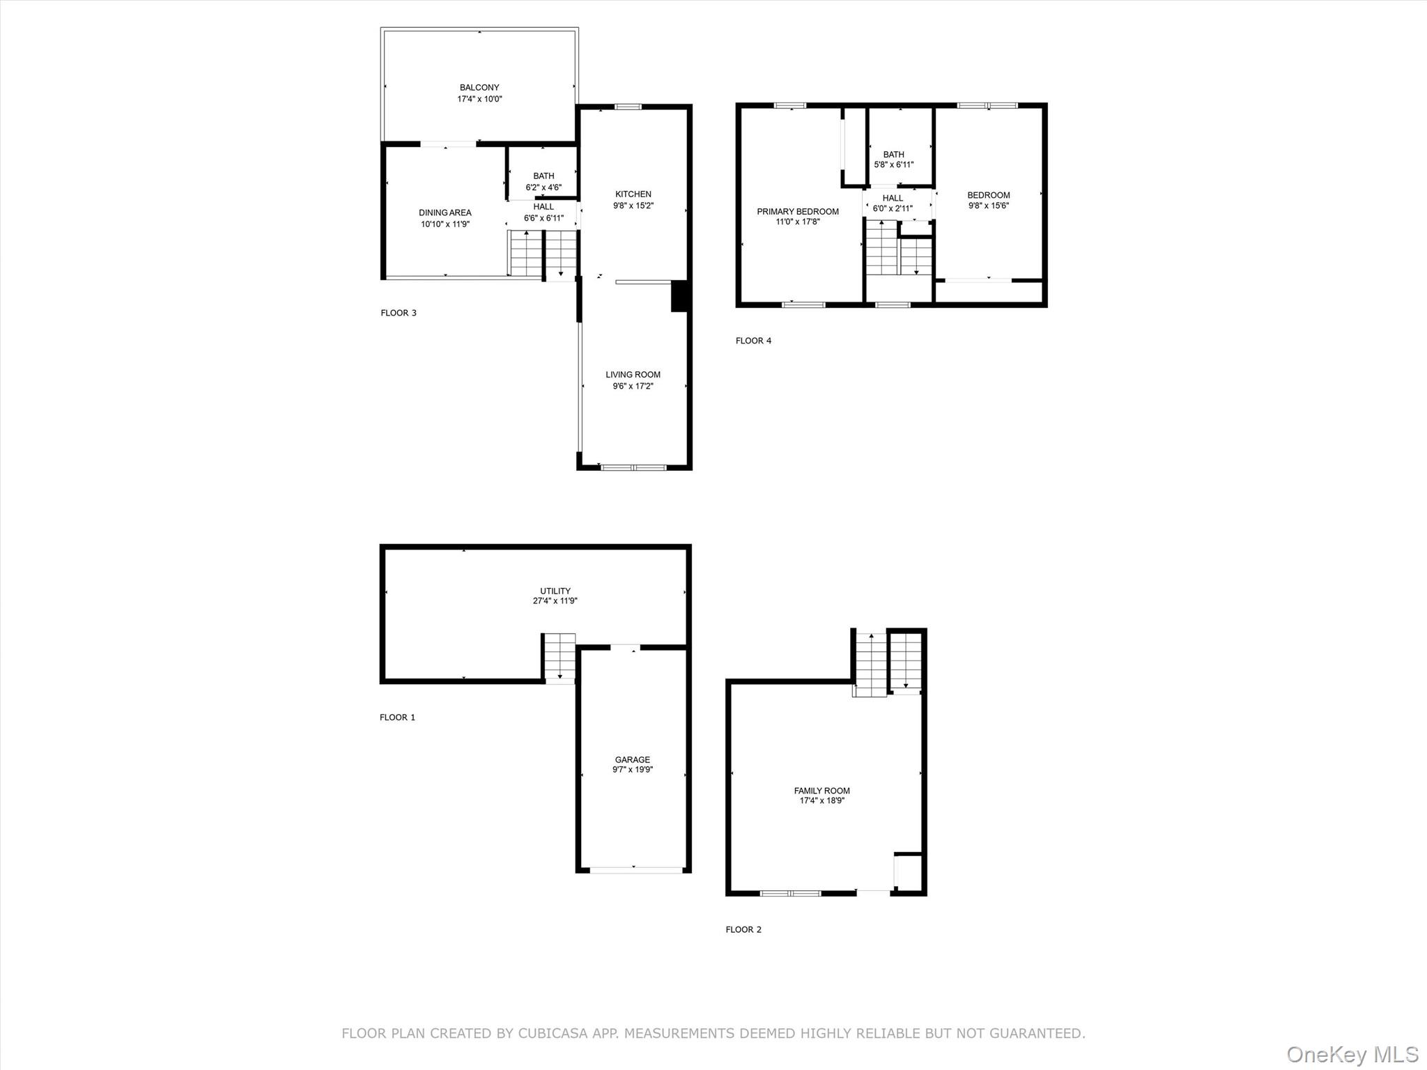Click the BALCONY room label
tap(479, 88)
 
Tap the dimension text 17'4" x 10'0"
tap(479, 99)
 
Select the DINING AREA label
tap(445, 212)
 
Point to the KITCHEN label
tap(633, 194)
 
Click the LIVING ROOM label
tap(633, 375)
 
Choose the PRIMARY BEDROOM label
tap(798, 212)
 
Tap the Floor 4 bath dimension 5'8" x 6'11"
tap(893, 165)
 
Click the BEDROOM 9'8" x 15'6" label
tap(988, 195)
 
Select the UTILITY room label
tap(555, 591)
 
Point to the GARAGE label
tap(633, 760)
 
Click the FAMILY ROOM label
tap(822, 791)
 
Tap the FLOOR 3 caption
tap(399, 313)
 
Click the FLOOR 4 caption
tap(753, 341)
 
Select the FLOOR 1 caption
tap(397, 717)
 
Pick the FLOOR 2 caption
tap(743, 929)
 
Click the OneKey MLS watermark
tap(1352, 1054)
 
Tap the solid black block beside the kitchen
tap(679, 295)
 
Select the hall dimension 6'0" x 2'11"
tap(893, 208)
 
